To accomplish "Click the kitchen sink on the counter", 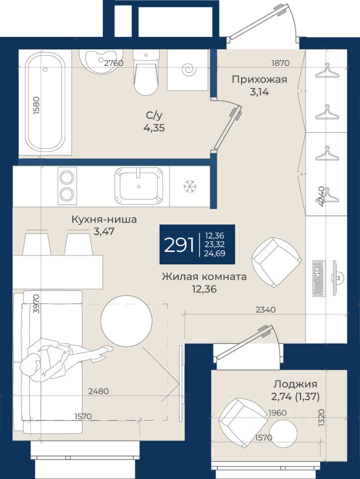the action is (x=139, y=186).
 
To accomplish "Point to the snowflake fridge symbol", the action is (x=190, y=186).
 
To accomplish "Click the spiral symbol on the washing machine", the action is (x=189, y=70).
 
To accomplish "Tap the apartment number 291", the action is (x=179, y=244).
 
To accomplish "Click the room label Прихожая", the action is (x=260, y=79).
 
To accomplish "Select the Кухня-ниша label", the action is (x=104, y=220).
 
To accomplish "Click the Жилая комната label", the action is (x=204, y=277).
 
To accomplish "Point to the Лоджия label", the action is (x=295, y=384).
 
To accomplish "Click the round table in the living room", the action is (x=126, y=320).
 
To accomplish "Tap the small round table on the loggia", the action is (x=283, y=433).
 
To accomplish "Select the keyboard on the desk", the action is (x=318, y=278).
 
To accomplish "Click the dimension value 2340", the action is (x=266, y=310).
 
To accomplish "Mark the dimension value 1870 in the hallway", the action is (x=280, y=63).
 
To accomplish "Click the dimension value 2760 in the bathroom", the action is (x=114, y=63).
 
